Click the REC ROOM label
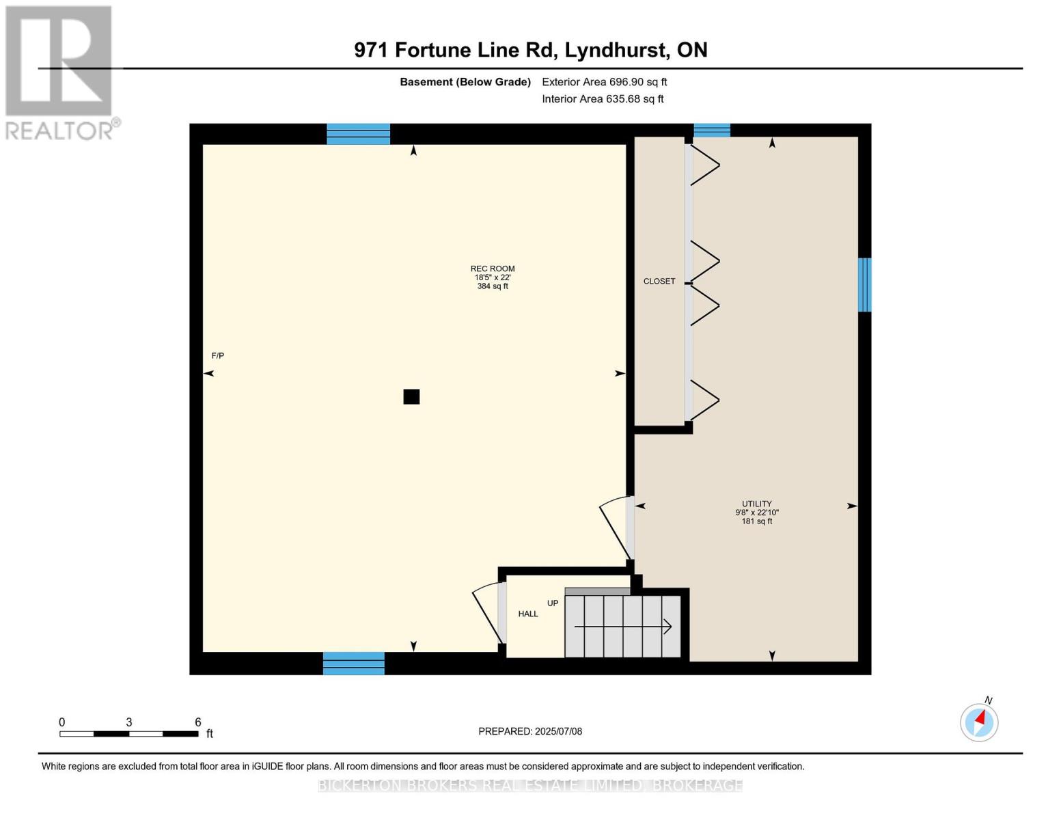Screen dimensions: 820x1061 (x=493, y=269)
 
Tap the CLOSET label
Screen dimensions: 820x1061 (x=659, y=282)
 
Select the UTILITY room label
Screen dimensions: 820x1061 (x=757, y=504)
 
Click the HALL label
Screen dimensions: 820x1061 (x=528, y=614)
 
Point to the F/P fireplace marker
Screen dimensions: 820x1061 (x=218, y=356)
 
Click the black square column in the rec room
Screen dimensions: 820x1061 (x=411, y=397)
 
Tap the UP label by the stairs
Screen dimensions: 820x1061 (x=553, y=603)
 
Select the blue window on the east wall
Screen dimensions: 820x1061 (x=864, y=285)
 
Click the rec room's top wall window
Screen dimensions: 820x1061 (x=358, y=134)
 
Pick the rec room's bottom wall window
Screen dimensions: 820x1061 (x=353, y=664)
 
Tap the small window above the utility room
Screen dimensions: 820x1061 (x=712, y=131)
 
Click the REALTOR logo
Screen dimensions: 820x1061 (x=60, y=72)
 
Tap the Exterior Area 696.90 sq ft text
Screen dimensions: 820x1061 (x=604, y=82)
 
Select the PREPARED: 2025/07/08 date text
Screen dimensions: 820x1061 (x=530, y=732)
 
